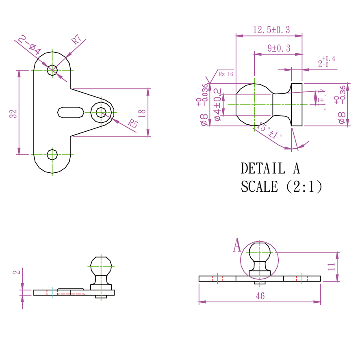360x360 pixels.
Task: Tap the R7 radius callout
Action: pos(76,40)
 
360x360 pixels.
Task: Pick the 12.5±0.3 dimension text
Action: pos(271,30)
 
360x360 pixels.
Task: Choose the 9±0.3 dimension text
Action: pos(279,48)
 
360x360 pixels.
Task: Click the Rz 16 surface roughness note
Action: pos(226,74)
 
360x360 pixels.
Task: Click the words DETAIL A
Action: pos(270,168)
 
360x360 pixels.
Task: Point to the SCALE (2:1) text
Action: pos(281,187)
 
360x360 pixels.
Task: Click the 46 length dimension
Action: pos(260,296)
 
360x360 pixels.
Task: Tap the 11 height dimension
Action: pos(332,266)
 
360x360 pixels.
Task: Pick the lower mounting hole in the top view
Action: pos(52,154)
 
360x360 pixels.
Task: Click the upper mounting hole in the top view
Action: pos(52,70)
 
